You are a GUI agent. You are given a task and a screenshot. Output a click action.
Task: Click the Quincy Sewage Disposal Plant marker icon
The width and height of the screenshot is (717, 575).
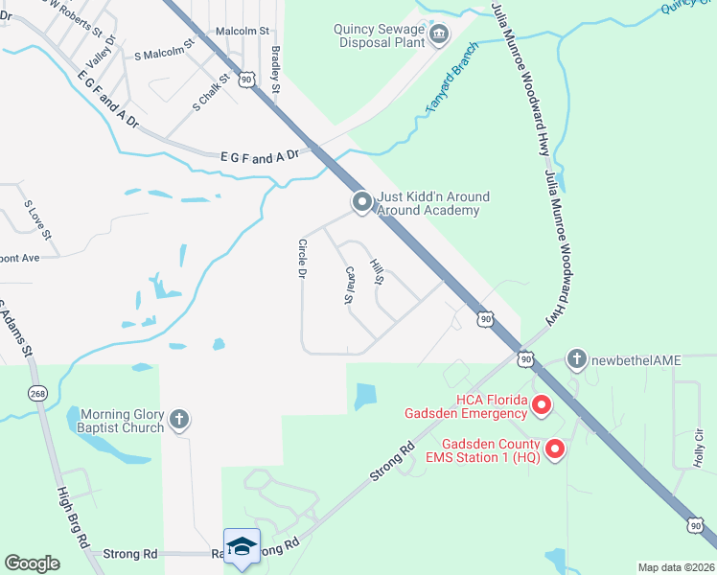tap(440, 36)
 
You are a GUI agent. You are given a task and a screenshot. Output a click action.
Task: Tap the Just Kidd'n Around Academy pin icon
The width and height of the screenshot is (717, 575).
tap(361, 202)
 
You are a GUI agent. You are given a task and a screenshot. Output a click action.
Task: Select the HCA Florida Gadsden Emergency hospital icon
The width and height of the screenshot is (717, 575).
tap(541, 406)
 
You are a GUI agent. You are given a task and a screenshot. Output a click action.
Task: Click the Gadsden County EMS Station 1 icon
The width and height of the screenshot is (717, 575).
tap(554, 448)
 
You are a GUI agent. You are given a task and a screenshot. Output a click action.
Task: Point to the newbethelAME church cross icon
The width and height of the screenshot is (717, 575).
tap(576, 359)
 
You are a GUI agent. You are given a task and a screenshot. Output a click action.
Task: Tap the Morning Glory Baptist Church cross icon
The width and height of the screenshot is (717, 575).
tap(179, 419)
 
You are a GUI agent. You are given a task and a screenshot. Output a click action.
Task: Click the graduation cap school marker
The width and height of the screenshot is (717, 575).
tap(242, 546)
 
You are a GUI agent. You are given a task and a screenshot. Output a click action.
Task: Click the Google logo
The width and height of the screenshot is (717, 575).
tap(33, 563)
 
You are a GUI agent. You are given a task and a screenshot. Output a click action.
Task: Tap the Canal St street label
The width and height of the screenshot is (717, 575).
tap(350, 286)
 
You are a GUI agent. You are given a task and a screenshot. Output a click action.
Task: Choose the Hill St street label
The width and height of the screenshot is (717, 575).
tap(377, 273)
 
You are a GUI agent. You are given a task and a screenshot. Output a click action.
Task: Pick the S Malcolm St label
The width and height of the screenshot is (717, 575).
tap(164, 50)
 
